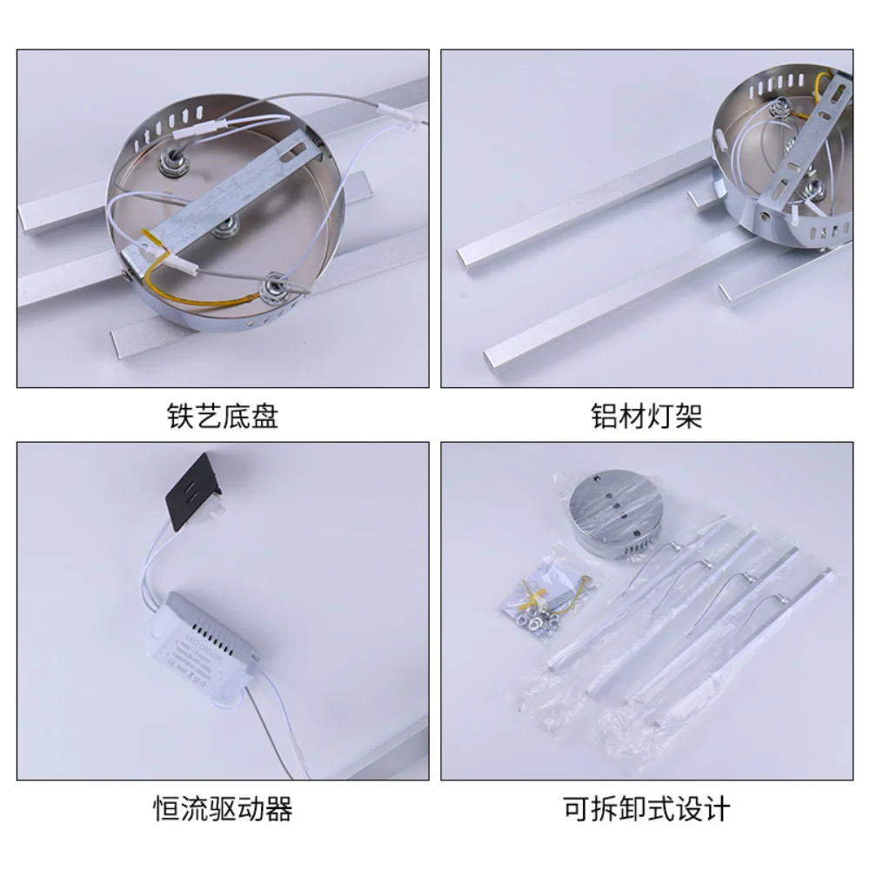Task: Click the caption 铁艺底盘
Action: (222, 417)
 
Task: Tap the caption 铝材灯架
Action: (646, 417)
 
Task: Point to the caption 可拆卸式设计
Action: (646, 809)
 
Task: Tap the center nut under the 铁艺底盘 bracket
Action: (227, 228)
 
